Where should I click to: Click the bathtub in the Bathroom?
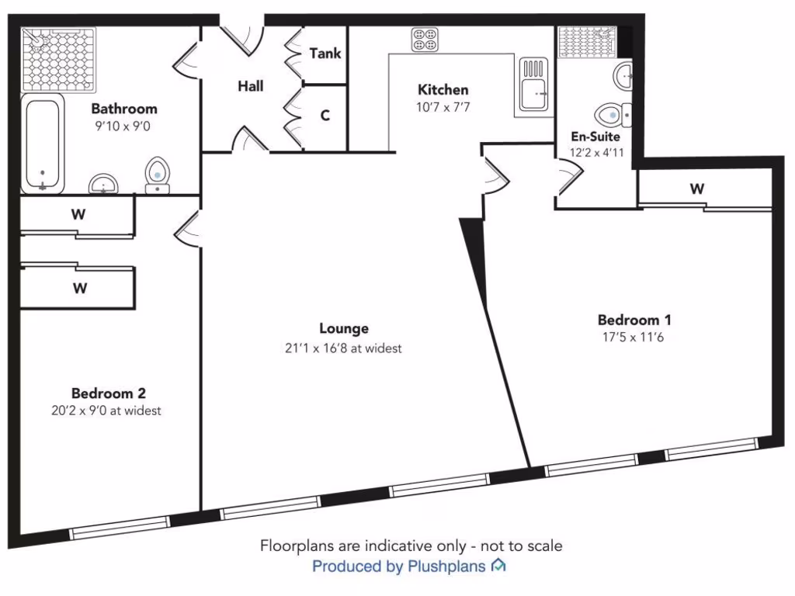pyautogui.click(x=43, y=144)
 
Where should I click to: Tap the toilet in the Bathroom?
pyautogui.click(x=158, y=175)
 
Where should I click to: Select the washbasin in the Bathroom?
pyautogui.click(x=103, y=184)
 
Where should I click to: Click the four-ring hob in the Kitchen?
pyautogui.click(x=425, y=39)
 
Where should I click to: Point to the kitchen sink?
pyautogui.click(x=534, y=86)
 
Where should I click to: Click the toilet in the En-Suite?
pyautogui.click(x=617, y=115)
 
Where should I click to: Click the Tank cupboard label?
pyautogui.click(x=325, y=54)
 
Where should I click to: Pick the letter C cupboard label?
pyautogui.click(x=325, y=116)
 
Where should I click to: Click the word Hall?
pyautogui.click(x=250, y=86)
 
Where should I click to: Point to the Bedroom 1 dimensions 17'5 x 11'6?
pyautogui.click(x=634, y=338)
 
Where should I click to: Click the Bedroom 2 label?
pyautogui.click(x=109, y=393)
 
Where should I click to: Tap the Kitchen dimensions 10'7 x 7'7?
pyautogui.click(x=443, y=107)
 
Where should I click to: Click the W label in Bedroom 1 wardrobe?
pyautogui.click(x=697, y=188)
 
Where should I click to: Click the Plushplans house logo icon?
pyautogui.click(x=498, y=566)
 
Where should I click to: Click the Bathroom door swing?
pyautogui.click(x=186, y=62)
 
